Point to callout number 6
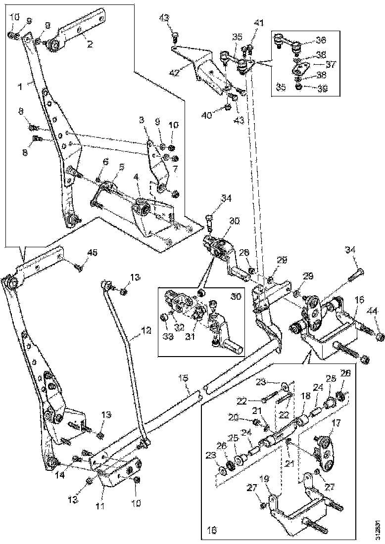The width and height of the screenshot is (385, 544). point(105,161)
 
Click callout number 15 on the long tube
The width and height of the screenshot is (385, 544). point(184,378)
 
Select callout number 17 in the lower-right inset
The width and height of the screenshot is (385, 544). point(336,423)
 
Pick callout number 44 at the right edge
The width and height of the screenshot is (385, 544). point(372,311)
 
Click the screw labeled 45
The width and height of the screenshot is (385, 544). point(78,268)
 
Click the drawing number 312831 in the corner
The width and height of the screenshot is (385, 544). point(379,529)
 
